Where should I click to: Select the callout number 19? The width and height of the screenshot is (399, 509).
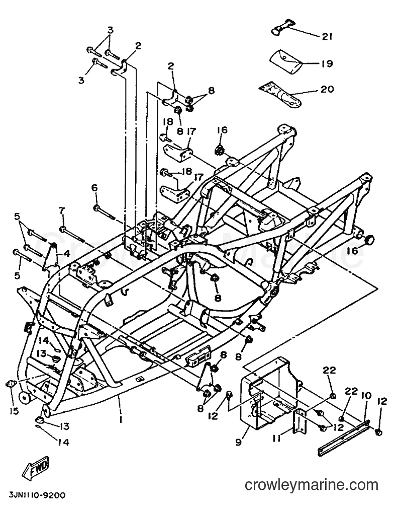point(327,63)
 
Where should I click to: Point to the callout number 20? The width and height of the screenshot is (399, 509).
point(327,89)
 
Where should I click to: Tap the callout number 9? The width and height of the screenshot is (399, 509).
point(239,443)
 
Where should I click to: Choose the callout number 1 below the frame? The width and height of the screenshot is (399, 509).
point(120,420)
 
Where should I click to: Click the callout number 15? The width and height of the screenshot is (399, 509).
point(14,411)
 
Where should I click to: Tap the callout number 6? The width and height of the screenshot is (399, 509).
point(94,188)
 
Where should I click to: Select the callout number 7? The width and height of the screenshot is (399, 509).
point(62,210)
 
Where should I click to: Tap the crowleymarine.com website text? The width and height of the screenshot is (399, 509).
point(312,485)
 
